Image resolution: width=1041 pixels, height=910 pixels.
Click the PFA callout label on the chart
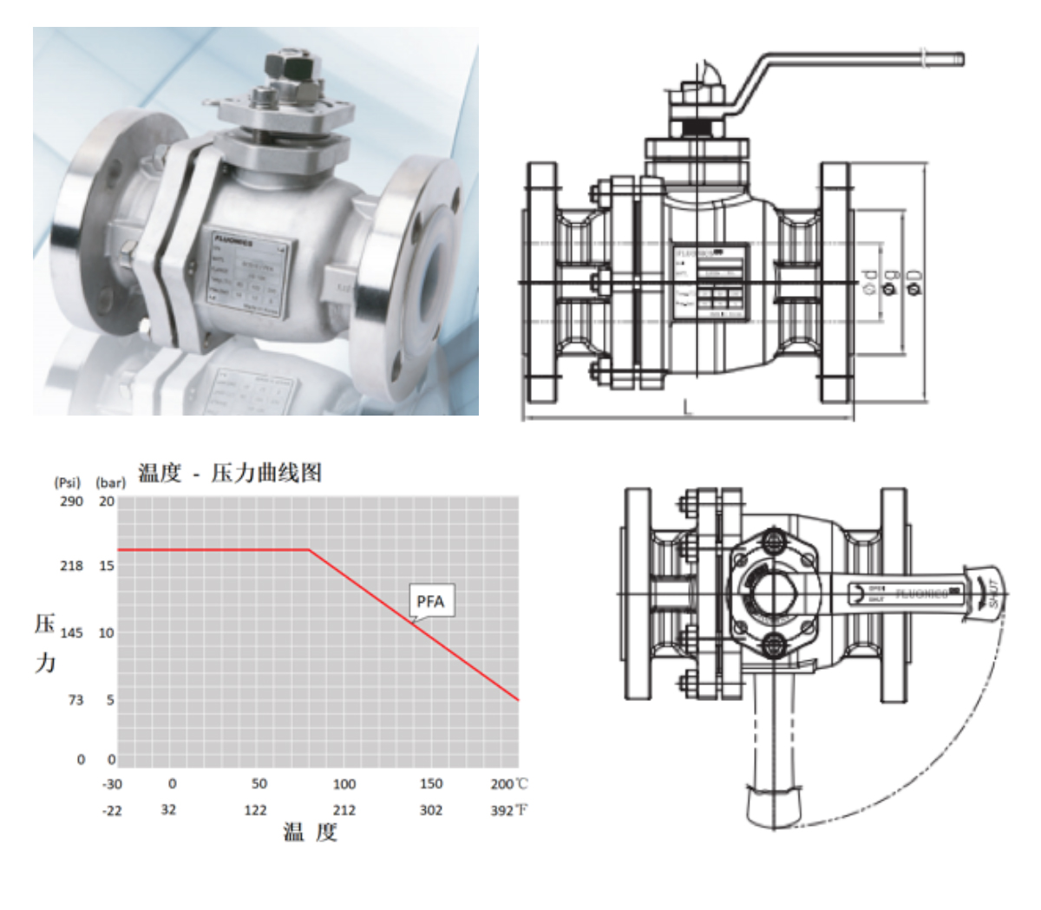tap(431, 601)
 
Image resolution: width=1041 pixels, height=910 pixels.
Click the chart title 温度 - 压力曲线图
tap(229, 474)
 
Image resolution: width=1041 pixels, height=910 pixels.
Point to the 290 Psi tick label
tap(71, 501)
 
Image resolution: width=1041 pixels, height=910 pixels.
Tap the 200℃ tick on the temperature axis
tap(508, 783)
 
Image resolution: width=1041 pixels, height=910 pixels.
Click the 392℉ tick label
tap(508, 810)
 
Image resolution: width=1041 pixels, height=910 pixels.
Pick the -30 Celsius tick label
tap(112, 783)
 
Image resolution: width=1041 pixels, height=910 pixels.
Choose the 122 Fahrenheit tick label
tap(257, 810)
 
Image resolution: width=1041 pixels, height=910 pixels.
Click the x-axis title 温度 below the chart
tap(310, 834)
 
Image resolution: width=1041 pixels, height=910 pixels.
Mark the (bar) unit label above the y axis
tap(110, 481)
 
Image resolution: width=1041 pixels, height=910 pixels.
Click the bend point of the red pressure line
tap(309, 549)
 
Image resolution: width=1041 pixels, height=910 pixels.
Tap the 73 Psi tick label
tap(75, 700)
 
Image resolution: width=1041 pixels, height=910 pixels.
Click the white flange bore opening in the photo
tap(431, 260)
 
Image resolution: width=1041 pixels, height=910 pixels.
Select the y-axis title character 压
tap(44, 625)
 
